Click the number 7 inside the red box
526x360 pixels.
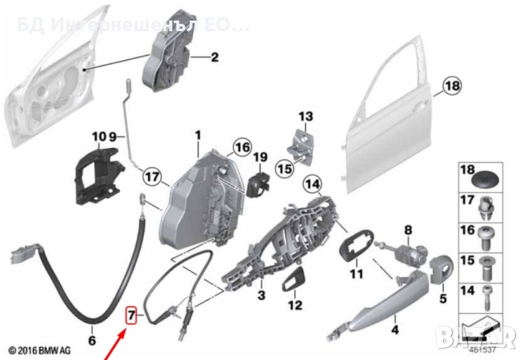[130, 314]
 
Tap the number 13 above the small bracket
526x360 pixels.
[306, 116]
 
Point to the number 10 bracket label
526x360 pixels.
[99, 136]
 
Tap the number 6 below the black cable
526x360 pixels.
[92, 340]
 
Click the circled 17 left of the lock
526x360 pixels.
[150, 175]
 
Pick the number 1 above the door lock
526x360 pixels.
[197, 135]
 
